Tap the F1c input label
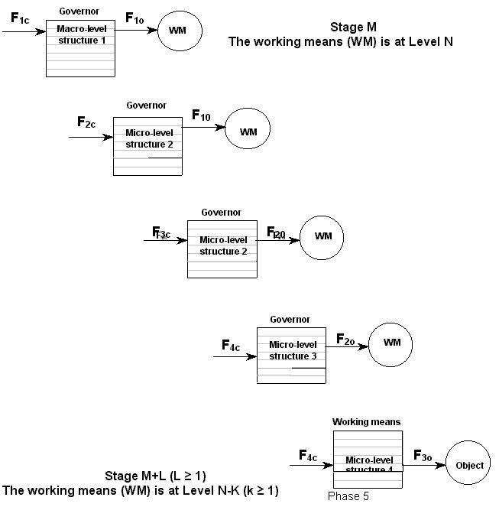(x=20, y=18)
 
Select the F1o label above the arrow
(x=134, y=18)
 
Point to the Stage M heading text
(x=353, y=27)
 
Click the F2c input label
(x=86, y=122)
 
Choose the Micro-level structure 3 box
(x=293, y=354)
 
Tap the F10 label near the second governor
(x=202, y=115)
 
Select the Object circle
(x=469, y=465)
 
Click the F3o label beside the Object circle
(x=423, y=457)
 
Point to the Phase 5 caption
(x=348, y=496)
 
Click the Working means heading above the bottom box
(x=366, y=421)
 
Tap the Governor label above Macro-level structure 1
(x=80, y=11)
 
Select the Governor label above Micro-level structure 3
(x=290, y=319)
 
